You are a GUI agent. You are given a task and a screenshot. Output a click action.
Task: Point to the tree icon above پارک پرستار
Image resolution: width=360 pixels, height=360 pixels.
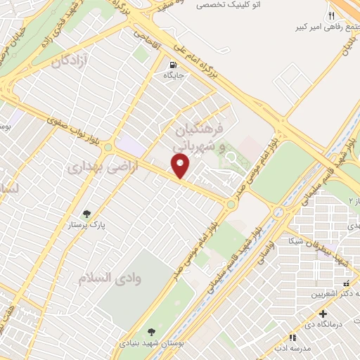point(86,213)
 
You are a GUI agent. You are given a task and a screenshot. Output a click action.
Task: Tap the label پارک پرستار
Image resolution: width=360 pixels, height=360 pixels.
point(87,226)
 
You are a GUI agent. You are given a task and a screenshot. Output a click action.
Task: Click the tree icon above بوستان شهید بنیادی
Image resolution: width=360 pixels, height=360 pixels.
point(150,332)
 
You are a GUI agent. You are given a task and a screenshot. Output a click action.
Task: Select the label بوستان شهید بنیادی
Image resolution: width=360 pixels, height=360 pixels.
point(150,345)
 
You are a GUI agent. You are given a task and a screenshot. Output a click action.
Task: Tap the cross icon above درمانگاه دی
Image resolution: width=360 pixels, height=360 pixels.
point(323,314)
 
